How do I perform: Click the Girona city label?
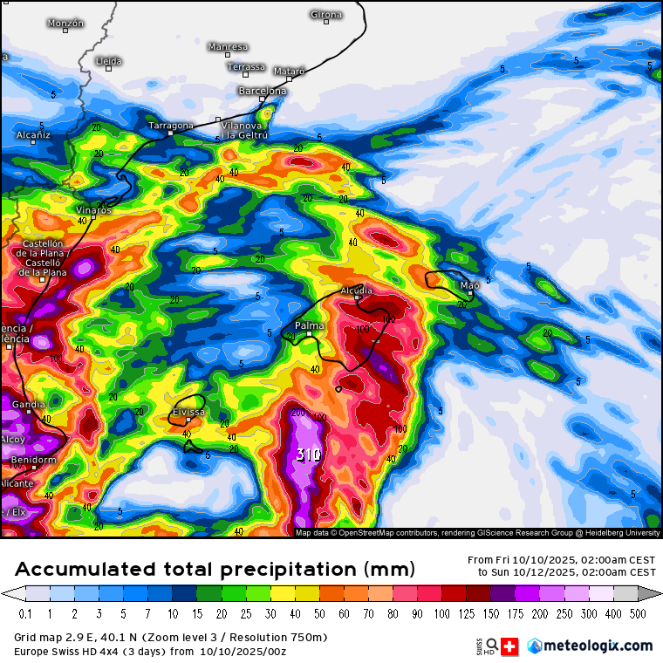click(x=326, y=14)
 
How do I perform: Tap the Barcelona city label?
click(x=262, y=91)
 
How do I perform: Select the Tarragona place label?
click(x=170, y=126)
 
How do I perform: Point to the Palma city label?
click(x=310, y=325)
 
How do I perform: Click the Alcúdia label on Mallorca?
click(x=357, y=290)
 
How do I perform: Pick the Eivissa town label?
click(x=188, y=411)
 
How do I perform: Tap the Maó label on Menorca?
click(x=469, y=285)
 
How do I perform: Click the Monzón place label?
click(x=65, y=23)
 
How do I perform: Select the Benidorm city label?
click(x=34, y=460)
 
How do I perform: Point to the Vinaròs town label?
click(x=94, y=210)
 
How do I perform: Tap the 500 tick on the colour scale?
click(x=639, y=614)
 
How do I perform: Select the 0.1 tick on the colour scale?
click(x=25, y=614)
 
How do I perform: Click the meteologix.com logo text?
click(x=598, y=646)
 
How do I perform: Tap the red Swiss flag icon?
click(x=510, y=646)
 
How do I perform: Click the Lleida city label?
click(x=109, y=61)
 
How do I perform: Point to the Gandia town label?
click(x=28, y=405)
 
